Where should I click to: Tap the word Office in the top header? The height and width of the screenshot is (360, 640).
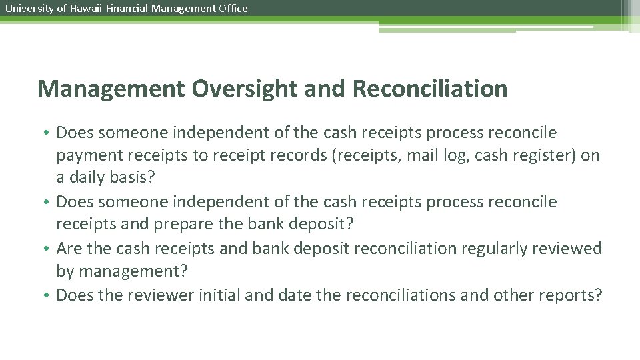tap(233, 9)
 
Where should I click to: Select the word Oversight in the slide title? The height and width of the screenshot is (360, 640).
tap(225, 89)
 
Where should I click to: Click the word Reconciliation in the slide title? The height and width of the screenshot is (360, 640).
tap(430, 89)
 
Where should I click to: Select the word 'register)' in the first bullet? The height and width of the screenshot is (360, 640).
tap(552, 156)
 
